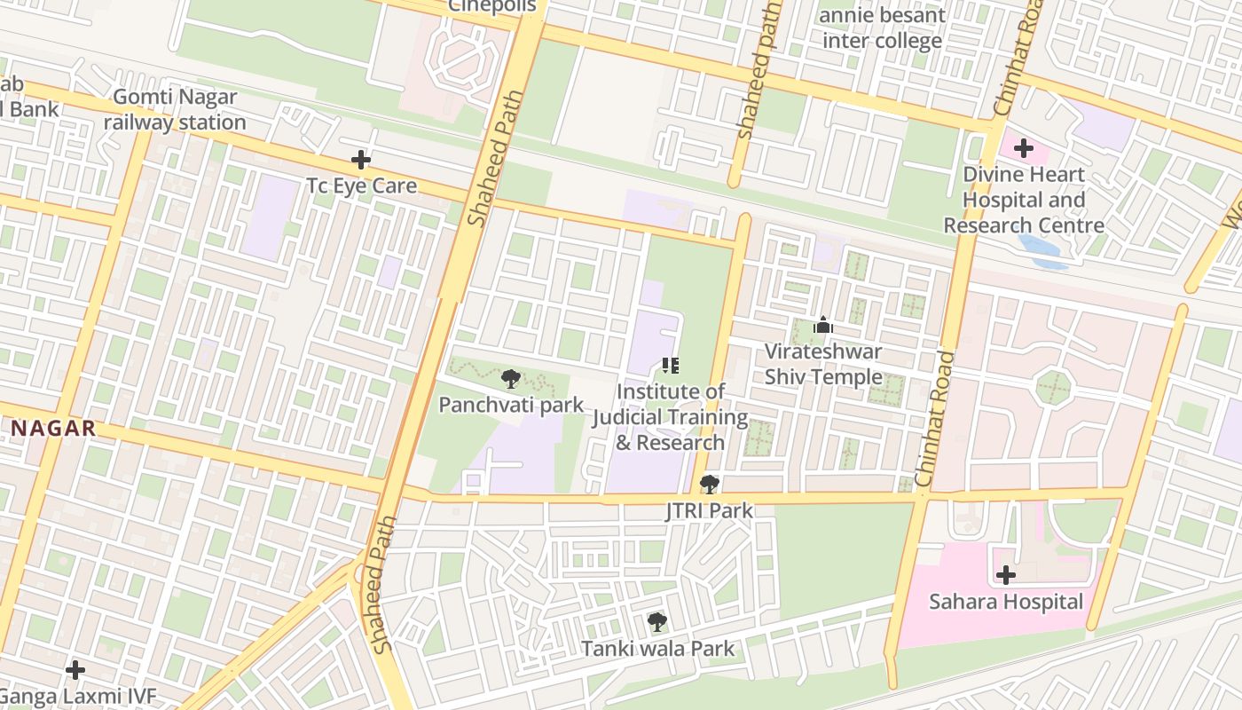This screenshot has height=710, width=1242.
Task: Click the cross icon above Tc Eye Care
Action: [360, 161]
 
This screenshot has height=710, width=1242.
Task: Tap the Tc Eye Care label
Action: [361, 186]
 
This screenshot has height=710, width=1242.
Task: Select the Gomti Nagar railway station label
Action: [175, 110]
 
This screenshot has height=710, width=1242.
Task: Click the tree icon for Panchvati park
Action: [510, 380]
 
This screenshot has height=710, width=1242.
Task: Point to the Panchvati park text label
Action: [511, 406]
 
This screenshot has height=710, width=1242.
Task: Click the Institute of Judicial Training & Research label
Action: [670, 417]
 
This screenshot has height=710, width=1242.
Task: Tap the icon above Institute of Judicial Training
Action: [671, 366]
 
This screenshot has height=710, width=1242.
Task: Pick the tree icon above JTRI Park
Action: [709, 485]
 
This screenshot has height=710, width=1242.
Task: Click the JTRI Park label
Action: [709, 510]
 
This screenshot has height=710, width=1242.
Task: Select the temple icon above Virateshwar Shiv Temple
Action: [823, 326]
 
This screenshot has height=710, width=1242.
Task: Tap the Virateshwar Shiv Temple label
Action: [823, 364]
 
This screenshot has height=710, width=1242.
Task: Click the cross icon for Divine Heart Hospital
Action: [1024, 148]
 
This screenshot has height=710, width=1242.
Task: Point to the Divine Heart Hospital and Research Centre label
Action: [1024, 200]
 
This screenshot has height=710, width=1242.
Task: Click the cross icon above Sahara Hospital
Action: [1005, 575]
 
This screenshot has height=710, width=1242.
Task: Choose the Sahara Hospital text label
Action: [1005, 602]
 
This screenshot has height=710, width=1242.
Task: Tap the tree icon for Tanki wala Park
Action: [656, 622]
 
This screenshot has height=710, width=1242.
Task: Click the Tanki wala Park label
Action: [657, 649]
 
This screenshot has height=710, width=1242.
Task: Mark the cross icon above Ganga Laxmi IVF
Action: [75, 669]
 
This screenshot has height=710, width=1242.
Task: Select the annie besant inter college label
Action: [882, 28]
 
